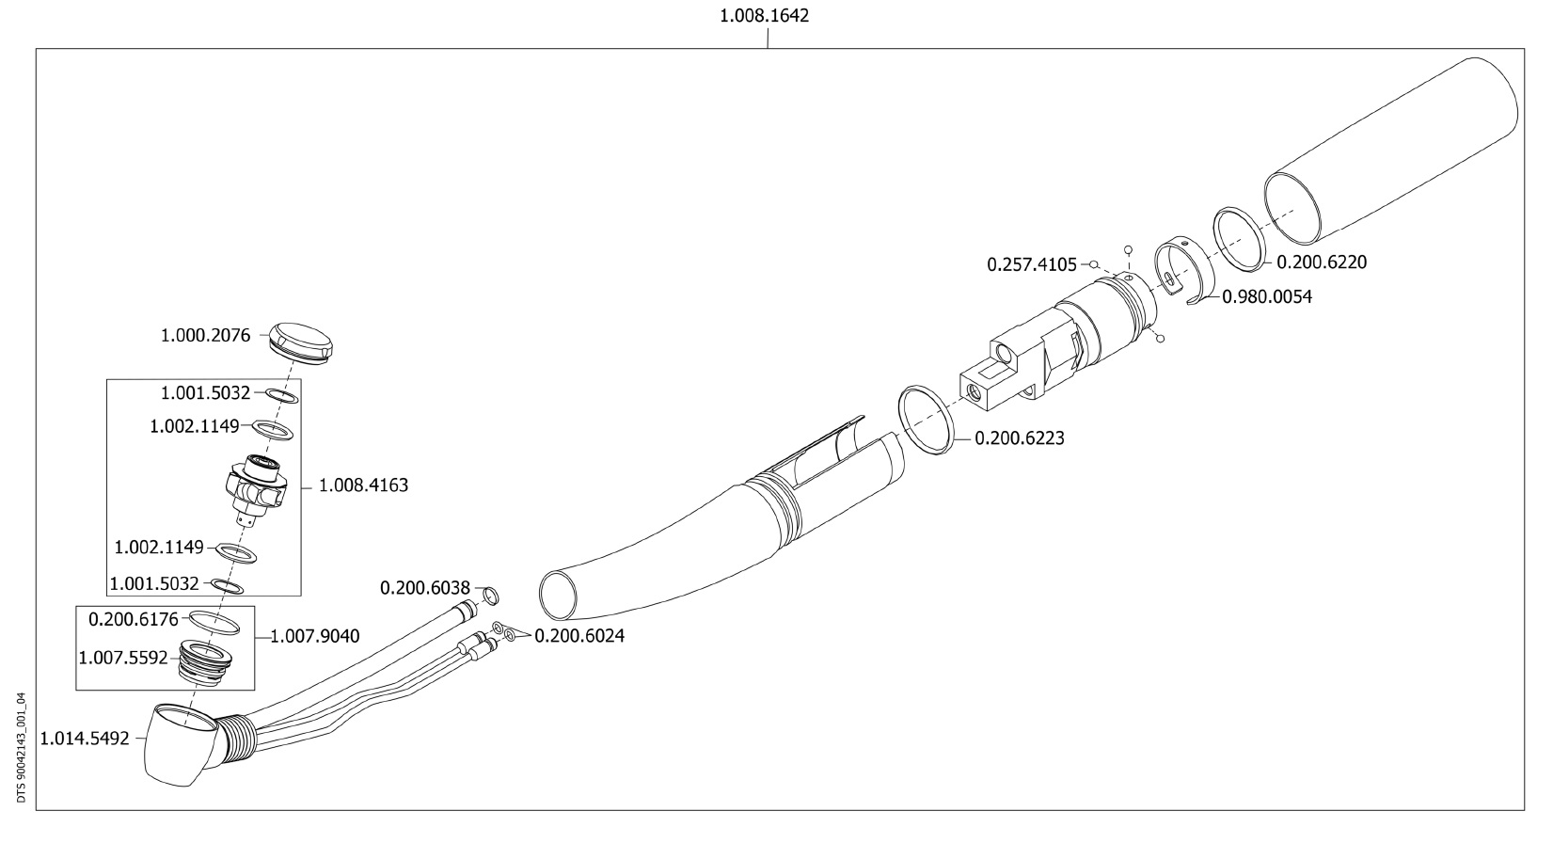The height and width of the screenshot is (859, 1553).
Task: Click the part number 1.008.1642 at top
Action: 764,15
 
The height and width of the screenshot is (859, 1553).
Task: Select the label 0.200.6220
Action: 1322,262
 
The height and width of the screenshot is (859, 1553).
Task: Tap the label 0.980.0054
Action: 1267,296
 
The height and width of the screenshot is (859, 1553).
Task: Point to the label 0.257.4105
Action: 1032,264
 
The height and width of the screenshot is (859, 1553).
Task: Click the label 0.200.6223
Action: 1019,438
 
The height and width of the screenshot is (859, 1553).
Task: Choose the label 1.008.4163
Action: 363,485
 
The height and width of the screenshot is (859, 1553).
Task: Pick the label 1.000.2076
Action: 205,336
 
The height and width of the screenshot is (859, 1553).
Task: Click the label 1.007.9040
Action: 315,636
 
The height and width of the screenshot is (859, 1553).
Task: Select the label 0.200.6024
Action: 578,636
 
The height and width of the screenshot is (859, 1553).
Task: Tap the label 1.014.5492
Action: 85,739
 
